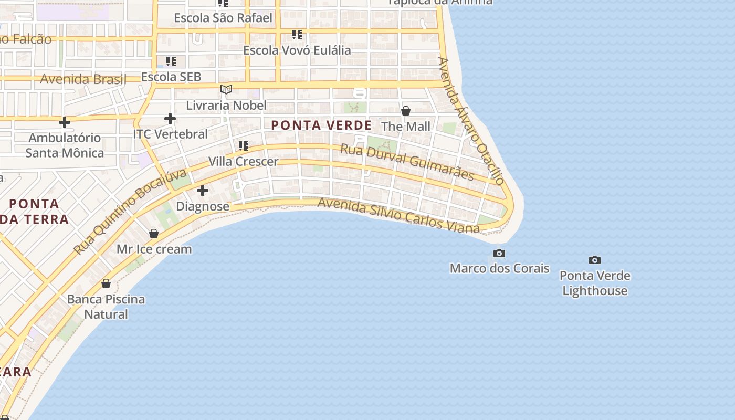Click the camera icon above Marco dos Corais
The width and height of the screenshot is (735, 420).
[499, 254]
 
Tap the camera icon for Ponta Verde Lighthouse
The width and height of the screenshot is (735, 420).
[594, 260]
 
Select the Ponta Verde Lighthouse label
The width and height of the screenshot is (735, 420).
[595, 283]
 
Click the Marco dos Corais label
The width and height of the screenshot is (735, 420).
[499, 268]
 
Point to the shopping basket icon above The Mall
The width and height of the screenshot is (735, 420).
[406, 111]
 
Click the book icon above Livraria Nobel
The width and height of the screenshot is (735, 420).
[226, 90]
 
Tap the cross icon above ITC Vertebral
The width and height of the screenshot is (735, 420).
[170, 119]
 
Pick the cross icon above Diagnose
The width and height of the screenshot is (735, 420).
[203, 191]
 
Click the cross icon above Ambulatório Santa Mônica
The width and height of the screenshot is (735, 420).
[65, 122]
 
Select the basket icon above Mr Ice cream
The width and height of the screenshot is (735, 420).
[154, 234]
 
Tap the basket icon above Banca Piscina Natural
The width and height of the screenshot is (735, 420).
[106, 283]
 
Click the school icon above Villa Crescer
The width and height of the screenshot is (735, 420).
[243, 145]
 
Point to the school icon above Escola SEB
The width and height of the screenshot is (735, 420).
[171, 61]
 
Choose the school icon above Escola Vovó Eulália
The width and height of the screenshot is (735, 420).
[297, 35]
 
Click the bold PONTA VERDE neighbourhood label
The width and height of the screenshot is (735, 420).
[321, 125]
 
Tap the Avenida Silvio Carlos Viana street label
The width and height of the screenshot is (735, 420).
[398, 215]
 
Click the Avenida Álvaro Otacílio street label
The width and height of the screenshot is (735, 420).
[471, 121]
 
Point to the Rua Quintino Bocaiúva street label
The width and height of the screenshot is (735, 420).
[130, 211]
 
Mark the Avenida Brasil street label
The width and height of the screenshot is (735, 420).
[83, 79]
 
